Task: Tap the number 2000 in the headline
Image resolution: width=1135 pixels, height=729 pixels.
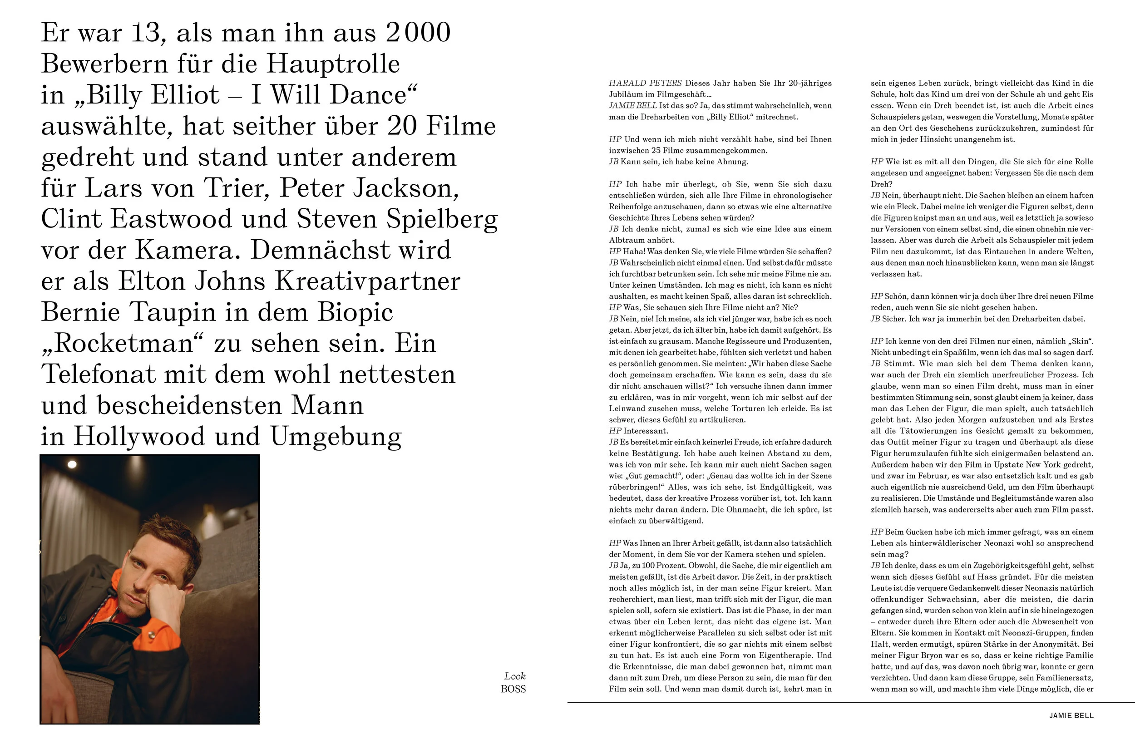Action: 418,33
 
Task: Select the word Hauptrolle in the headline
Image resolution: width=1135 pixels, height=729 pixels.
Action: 333,64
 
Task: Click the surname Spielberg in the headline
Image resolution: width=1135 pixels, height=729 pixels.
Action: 442,220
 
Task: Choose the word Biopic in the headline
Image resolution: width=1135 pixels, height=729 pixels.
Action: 355,313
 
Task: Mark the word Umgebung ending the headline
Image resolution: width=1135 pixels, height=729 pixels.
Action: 336,437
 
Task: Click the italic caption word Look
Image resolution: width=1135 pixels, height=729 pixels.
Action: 514,676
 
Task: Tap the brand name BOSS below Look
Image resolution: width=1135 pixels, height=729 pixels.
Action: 513,689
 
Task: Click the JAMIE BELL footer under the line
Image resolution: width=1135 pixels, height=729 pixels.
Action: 1071,715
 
